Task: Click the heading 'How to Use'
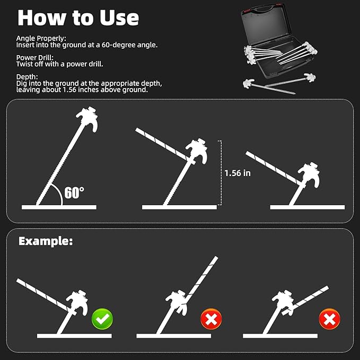point(78,18)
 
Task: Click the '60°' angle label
point(74,192)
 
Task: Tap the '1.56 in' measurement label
point(238,173)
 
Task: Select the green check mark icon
point(102,319)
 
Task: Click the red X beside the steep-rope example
point(211,319)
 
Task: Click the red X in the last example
point(329,319)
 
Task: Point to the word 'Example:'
point(46,241)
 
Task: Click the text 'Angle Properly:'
point(41,38)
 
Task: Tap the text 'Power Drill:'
point(34,57)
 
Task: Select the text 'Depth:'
point(27,77)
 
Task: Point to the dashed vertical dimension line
point(221,173)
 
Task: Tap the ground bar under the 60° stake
point(59,207)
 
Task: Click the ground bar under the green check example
point(74,336)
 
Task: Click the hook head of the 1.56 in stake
point(197,151)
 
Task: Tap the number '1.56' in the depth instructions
point(69,90)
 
